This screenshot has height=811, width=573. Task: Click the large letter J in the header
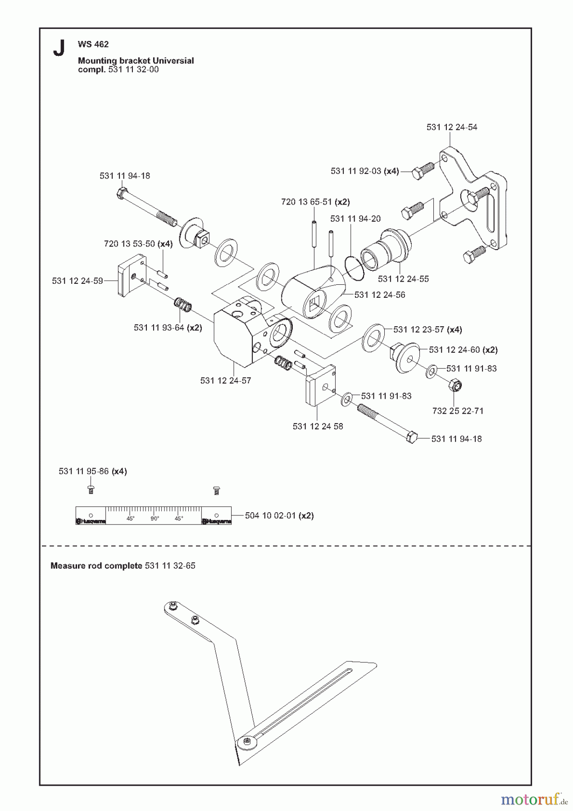click(x=59, y=48)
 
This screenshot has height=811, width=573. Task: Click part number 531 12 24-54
click(x=452, y=128)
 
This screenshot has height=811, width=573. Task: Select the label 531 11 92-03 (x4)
click(x=364, y=171)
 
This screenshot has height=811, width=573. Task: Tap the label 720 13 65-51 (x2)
click(x=315, y=202)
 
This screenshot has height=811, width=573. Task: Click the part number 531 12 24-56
click(x=379, y=295)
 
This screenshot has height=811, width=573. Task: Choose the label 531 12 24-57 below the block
click(x=226, y=381)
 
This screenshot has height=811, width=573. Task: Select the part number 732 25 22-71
click(x=458, y=411)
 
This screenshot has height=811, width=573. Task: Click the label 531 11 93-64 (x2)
click(x=168, y=328)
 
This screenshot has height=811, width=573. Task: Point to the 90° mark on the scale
click(x=155, y=519)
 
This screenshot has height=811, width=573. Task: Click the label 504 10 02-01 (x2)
click(x=279, y=515)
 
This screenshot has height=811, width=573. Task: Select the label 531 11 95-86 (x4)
click(x=93, y=471)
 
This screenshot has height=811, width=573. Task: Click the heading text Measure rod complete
click(x=96, y=565)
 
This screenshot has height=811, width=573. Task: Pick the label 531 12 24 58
click(x=318, y=426)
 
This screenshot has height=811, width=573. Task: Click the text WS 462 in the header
click(x=93, y=44)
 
